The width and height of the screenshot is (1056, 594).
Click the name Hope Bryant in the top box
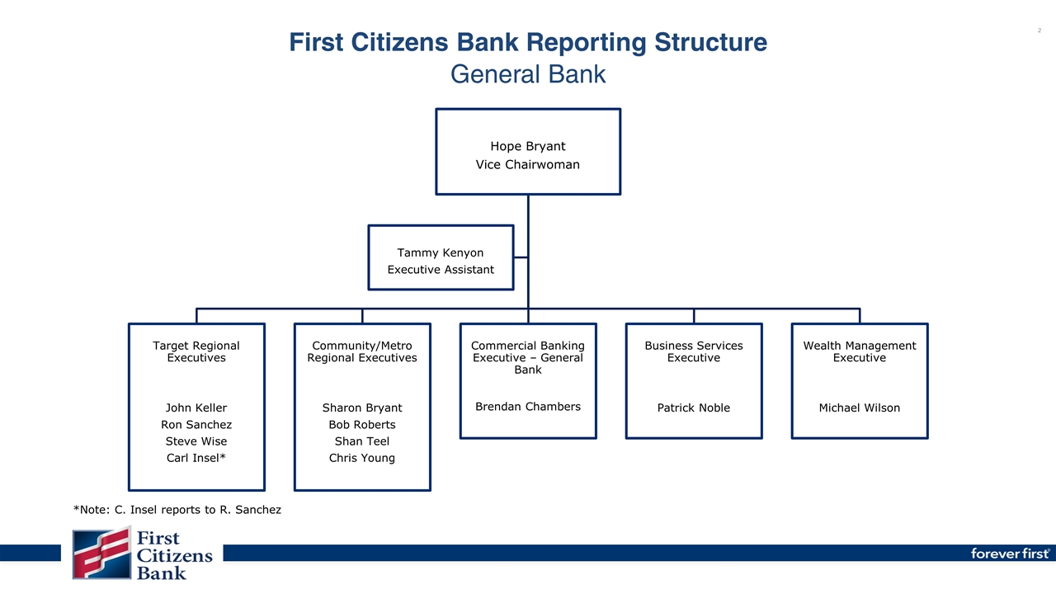coord(527,146)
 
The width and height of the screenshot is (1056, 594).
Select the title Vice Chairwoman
coord(527,164)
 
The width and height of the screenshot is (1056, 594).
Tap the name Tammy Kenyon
coord(441,252)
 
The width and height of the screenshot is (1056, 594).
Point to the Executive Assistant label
coord(441,270)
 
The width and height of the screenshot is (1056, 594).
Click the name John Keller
coord(196,408)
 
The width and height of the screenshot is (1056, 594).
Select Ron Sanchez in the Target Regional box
coord(196,425)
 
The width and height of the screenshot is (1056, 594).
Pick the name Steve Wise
coord(196,441)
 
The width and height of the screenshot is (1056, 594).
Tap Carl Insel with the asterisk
coord(196,458)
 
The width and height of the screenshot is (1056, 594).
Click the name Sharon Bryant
coord(362,408)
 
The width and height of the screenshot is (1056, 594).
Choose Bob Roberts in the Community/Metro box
coord(362,425)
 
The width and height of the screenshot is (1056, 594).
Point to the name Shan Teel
coord(362,441)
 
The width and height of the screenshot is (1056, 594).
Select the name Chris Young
coord(362,458)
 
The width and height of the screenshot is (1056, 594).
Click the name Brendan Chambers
coord(528,407)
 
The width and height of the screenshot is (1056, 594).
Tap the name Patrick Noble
coord(694,408)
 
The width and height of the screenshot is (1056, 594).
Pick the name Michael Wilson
coord(860,408)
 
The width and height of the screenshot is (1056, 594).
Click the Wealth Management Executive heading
coord(860,351)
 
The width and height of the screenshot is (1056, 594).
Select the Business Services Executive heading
coord(694,351)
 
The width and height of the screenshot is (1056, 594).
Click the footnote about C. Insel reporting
coord(177,510)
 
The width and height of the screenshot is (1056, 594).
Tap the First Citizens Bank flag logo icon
coord(101,554)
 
